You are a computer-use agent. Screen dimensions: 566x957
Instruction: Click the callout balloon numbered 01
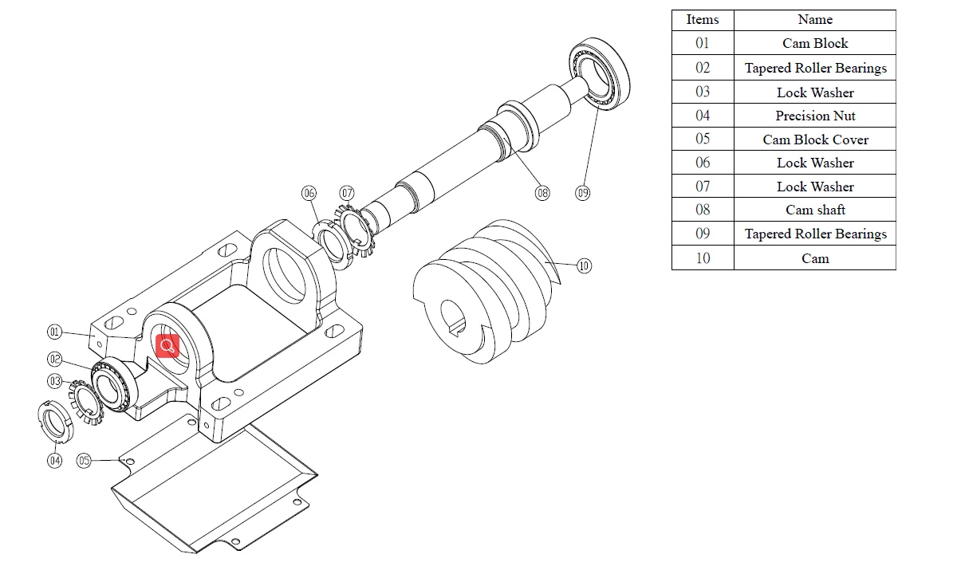(x=54, y=332)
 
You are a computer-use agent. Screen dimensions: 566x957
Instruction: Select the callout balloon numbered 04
(x=54, y=460)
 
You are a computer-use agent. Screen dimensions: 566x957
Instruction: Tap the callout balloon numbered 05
(x=85, y=460)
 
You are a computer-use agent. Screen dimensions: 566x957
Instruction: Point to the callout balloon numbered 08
(x=542, y=193)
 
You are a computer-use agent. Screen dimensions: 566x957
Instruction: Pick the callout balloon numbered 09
(x=583, y=193)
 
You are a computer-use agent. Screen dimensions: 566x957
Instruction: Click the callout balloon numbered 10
(x=584, y=265)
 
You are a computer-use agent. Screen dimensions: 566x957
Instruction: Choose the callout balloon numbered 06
(x=309, y=193)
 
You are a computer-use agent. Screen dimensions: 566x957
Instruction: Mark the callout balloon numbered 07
(x=347, y=193)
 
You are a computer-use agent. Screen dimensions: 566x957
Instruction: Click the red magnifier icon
(x=167, y=347)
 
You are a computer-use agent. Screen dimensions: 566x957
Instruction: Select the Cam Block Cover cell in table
(x=815, y=140)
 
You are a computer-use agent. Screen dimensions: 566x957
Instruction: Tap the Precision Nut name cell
(x=815, y=116)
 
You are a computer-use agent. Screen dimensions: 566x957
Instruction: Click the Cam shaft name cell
(x=815, y=210)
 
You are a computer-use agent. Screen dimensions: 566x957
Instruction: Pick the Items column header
(x=703, y=20)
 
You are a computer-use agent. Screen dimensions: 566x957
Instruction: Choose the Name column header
(x=815, y=20)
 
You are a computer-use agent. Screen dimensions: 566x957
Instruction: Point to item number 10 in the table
(x=703, y=258)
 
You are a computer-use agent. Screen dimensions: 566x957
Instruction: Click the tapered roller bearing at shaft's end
(x=600, y=73)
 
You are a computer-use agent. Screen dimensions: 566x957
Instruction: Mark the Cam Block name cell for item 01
(x=815, y=44)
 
